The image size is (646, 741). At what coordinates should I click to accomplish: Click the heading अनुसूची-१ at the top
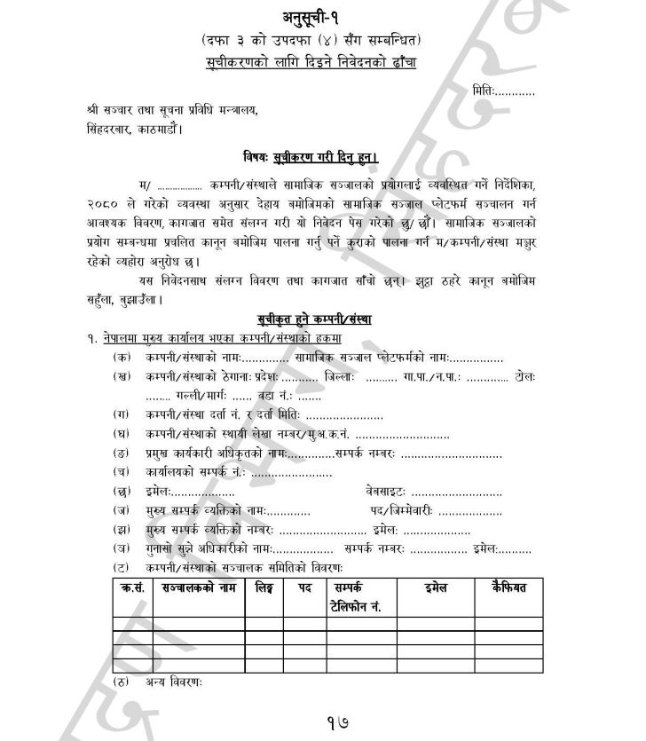[x=322, y=17]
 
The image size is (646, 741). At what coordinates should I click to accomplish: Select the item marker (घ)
[x=121, y=434]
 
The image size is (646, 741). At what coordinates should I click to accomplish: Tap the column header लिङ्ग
[x=264, y=587]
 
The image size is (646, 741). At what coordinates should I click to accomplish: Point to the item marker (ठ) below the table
[x=121, y=682]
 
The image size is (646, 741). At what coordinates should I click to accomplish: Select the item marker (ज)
[x=121, y=510]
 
